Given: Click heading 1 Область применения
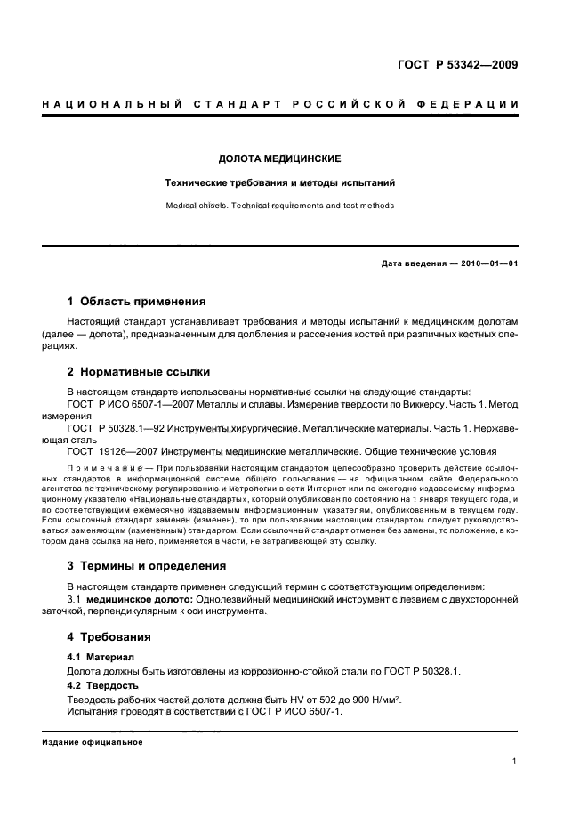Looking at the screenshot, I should (x=137, y=301).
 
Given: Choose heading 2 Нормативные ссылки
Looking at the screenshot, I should (x=139, y=371).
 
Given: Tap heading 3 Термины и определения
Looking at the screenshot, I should (x=147, y=565).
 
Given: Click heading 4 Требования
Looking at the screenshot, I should (x=109, y=636).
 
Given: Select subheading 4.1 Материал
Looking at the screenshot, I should (x=99, y=657).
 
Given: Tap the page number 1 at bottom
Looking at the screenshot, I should (x=515, y=761).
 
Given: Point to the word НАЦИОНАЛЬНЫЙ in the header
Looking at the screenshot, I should (x=111, y=105).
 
